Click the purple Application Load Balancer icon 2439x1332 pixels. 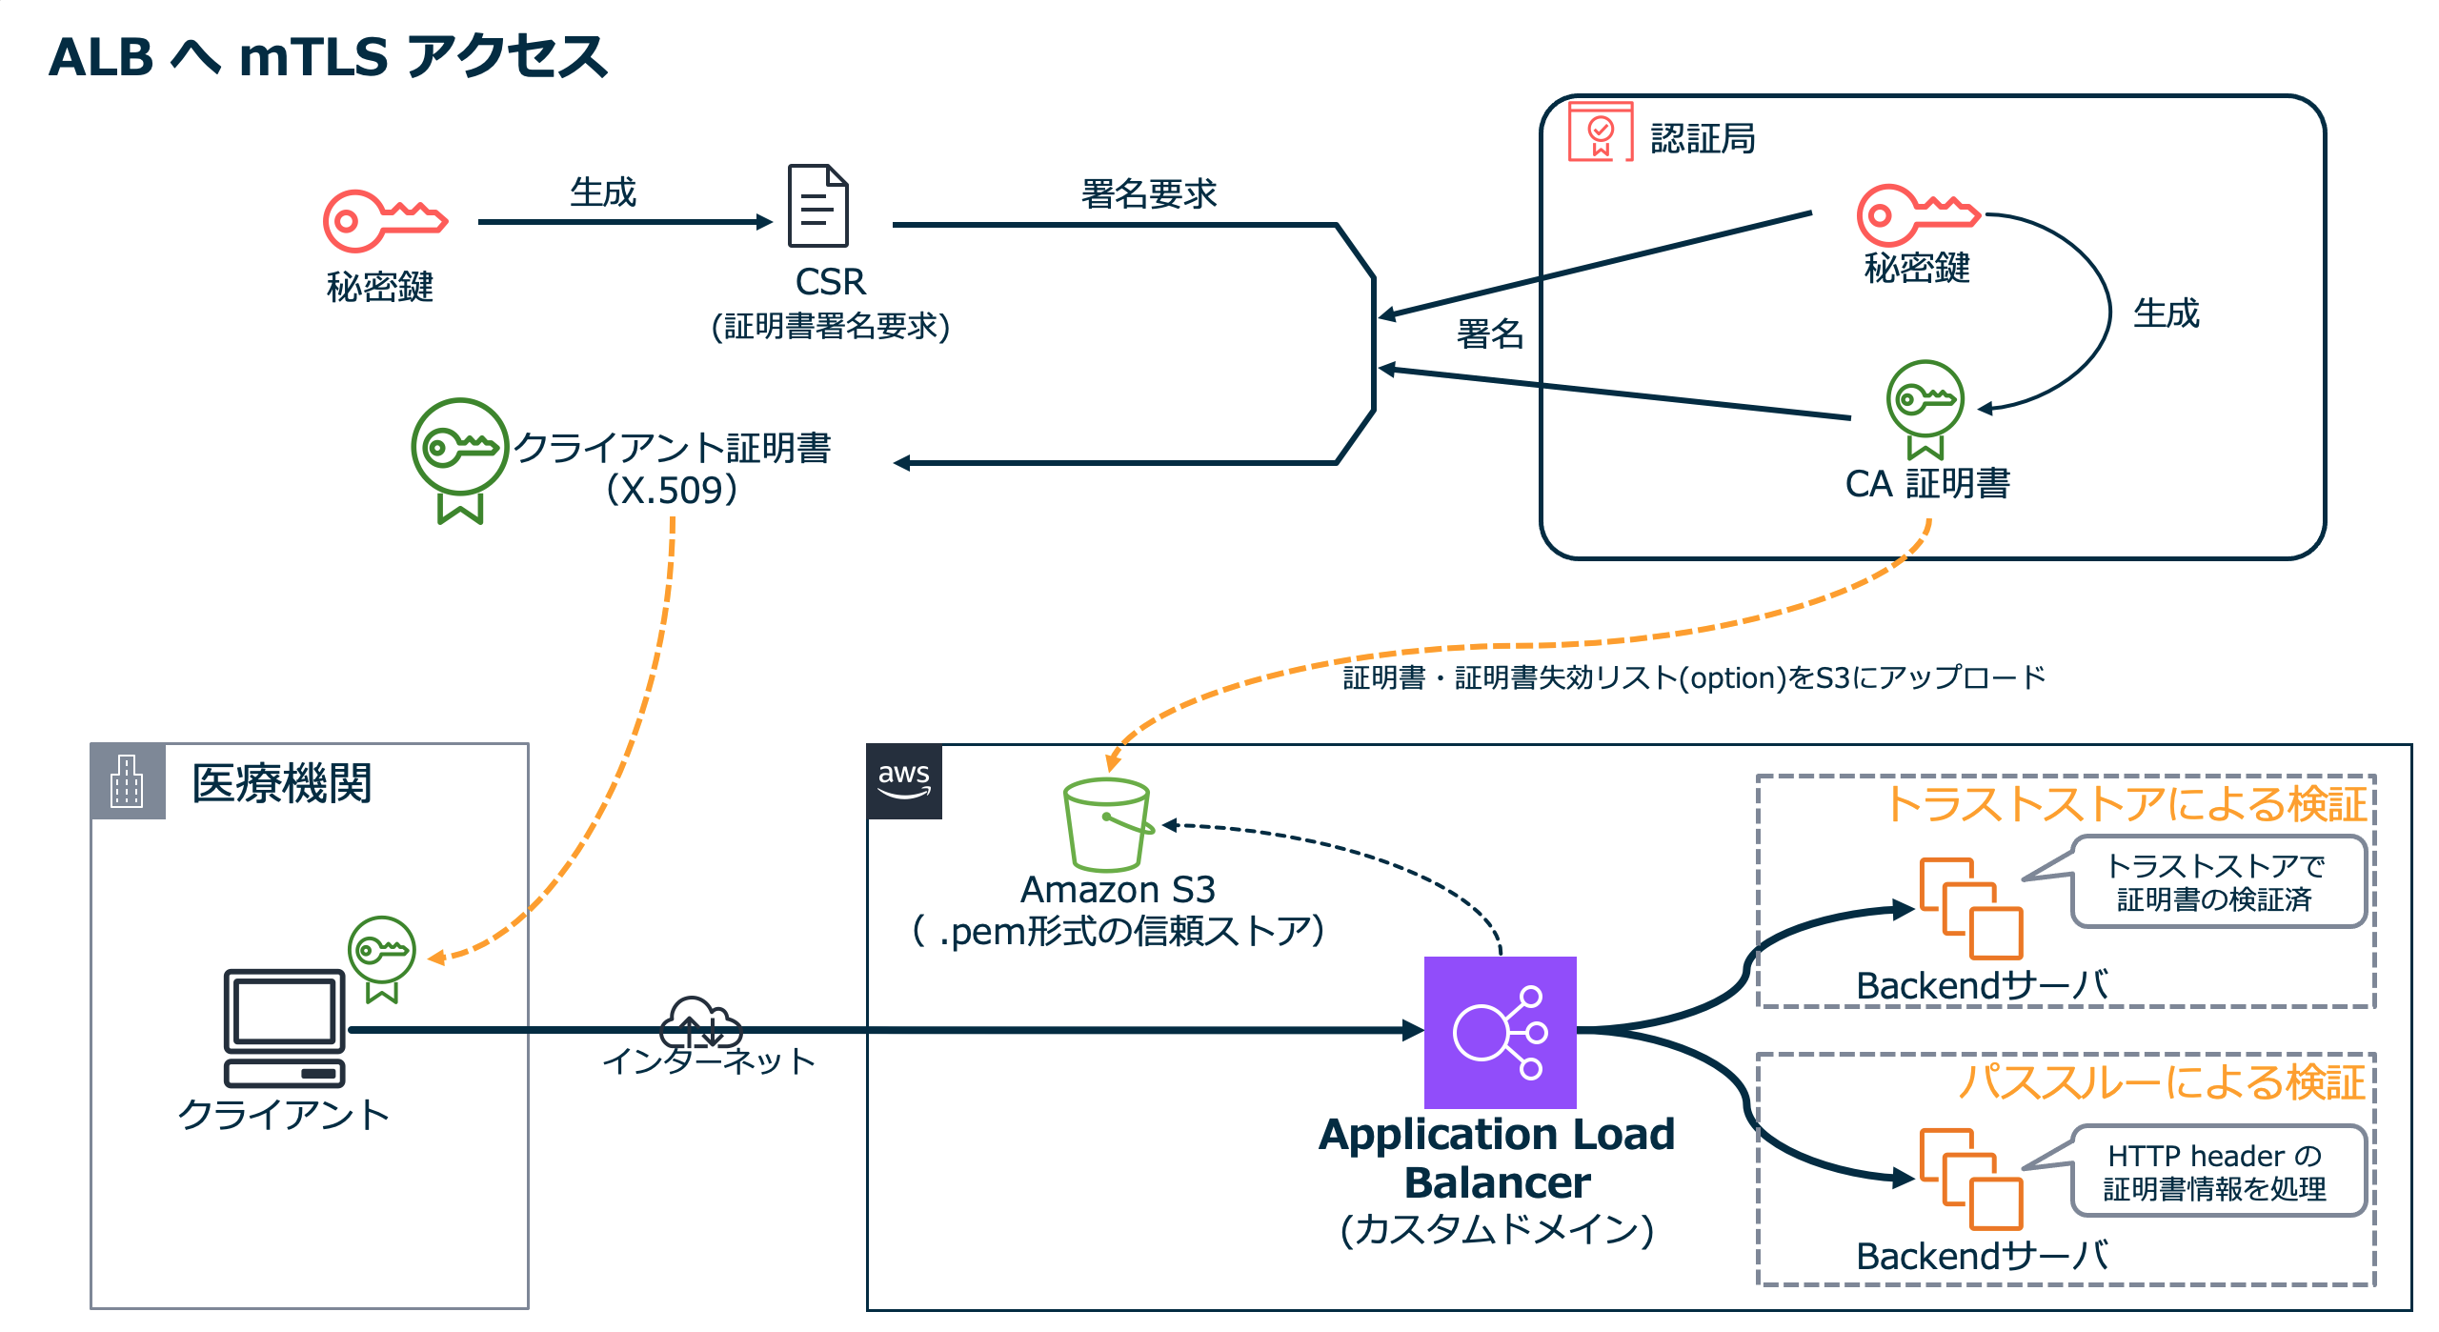point(1500,1032)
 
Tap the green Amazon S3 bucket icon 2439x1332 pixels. point(1106,824)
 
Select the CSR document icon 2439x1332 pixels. point(817,206)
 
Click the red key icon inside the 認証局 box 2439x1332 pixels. point(1915,214)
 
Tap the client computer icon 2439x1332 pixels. point(284,1027)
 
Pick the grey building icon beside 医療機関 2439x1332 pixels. point(128,781)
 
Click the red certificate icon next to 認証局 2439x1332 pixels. point(1601,131)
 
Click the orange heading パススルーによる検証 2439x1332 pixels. point(2161,1082)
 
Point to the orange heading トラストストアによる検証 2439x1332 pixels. point(2127,803)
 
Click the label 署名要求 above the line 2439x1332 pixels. point(1148,193)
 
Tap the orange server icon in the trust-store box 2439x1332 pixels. point(1969,907)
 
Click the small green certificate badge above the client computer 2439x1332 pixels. point(381,956)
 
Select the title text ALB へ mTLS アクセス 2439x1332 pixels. point(328,57)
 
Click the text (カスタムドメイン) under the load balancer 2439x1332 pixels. point(1497,1229)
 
